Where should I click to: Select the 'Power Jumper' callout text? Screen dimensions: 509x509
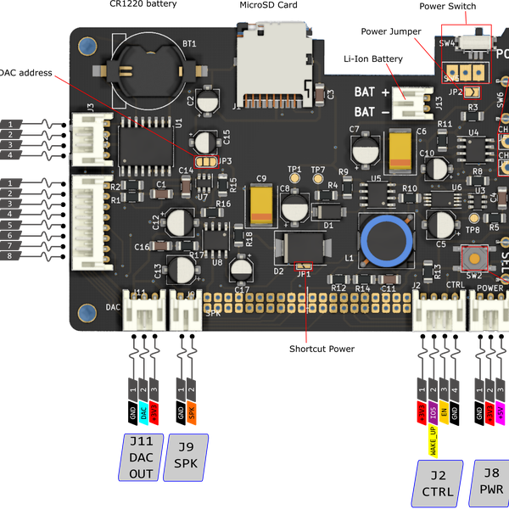(x=392, y=31)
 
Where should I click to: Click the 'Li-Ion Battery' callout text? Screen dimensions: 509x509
(x=373, y=59)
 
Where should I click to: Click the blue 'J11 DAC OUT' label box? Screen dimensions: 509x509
(x=141, y=457)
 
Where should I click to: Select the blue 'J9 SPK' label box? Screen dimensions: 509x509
(x=186, y=457)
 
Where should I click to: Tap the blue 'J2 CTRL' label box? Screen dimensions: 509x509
(x=439, y=484)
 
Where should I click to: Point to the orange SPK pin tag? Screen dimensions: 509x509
(x=192, y=413)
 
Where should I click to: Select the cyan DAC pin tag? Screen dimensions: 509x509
(x=144, y=413)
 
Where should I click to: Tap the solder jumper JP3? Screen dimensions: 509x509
(x=205, y=160)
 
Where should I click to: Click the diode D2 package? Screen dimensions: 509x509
(x=293, y=249)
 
